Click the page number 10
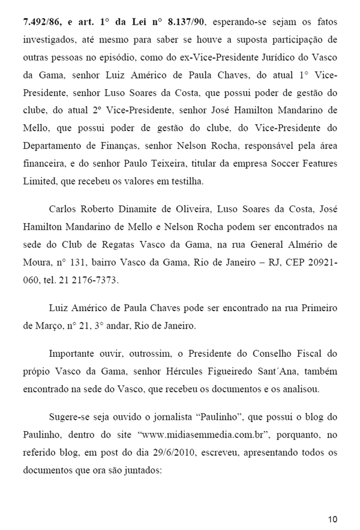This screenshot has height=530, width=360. pyautogui.click(x=333, y=519)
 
